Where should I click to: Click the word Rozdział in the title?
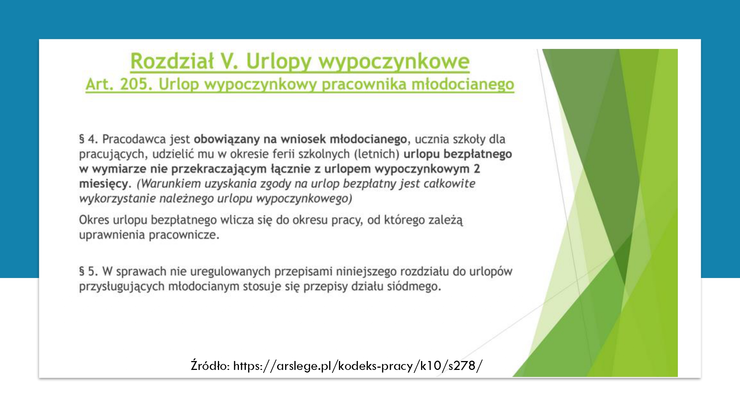[x=172, y=61]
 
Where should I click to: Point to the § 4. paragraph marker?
[x=88, y=139]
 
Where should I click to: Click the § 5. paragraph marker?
[x=88, y=271]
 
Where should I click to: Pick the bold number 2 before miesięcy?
[x=477, y=169]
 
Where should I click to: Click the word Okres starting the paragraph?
[x=94, y=220]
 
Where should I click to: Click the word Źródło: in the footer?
[x=210, y=366]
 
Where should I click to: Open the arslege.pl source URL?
[x=358, y=366]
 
